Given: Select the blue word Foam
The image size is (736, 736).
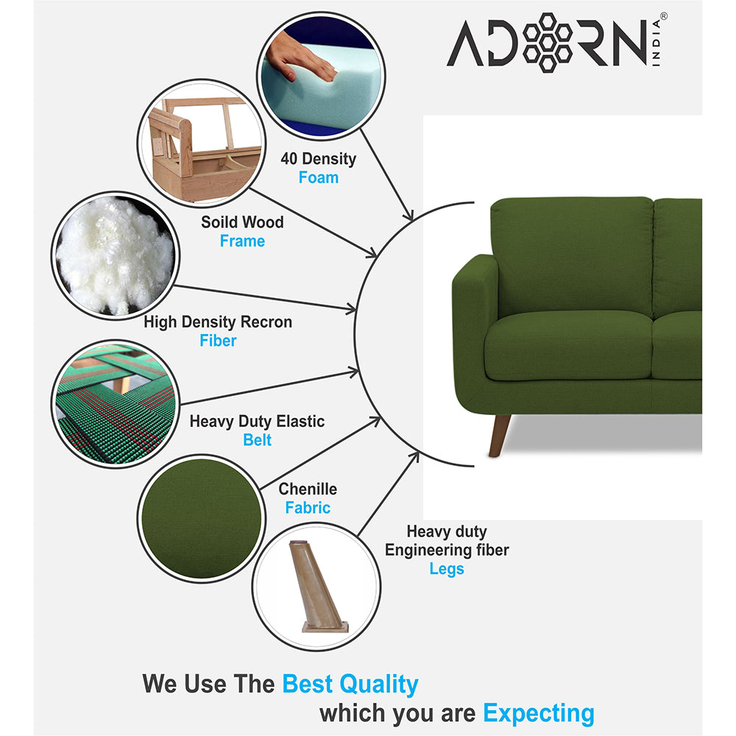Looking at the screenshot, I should [x=318, y=178].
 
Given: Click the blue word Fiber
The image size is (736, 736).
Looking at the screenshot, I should [x=218, y=341].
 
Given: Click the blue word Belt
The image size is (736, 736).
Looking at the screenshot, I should [x=257, y=440].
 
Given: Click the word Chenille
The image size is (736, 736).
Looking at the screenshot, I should [x=308, y=489].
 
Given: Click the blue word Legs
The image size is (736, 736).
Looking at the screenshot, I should [x=447, y=569].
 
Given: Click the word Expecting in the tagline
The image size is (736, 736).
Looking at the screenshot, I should [x=538, y=712].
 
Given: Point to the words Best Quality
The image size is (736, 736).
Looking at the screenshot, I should [x=350, y=684].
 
